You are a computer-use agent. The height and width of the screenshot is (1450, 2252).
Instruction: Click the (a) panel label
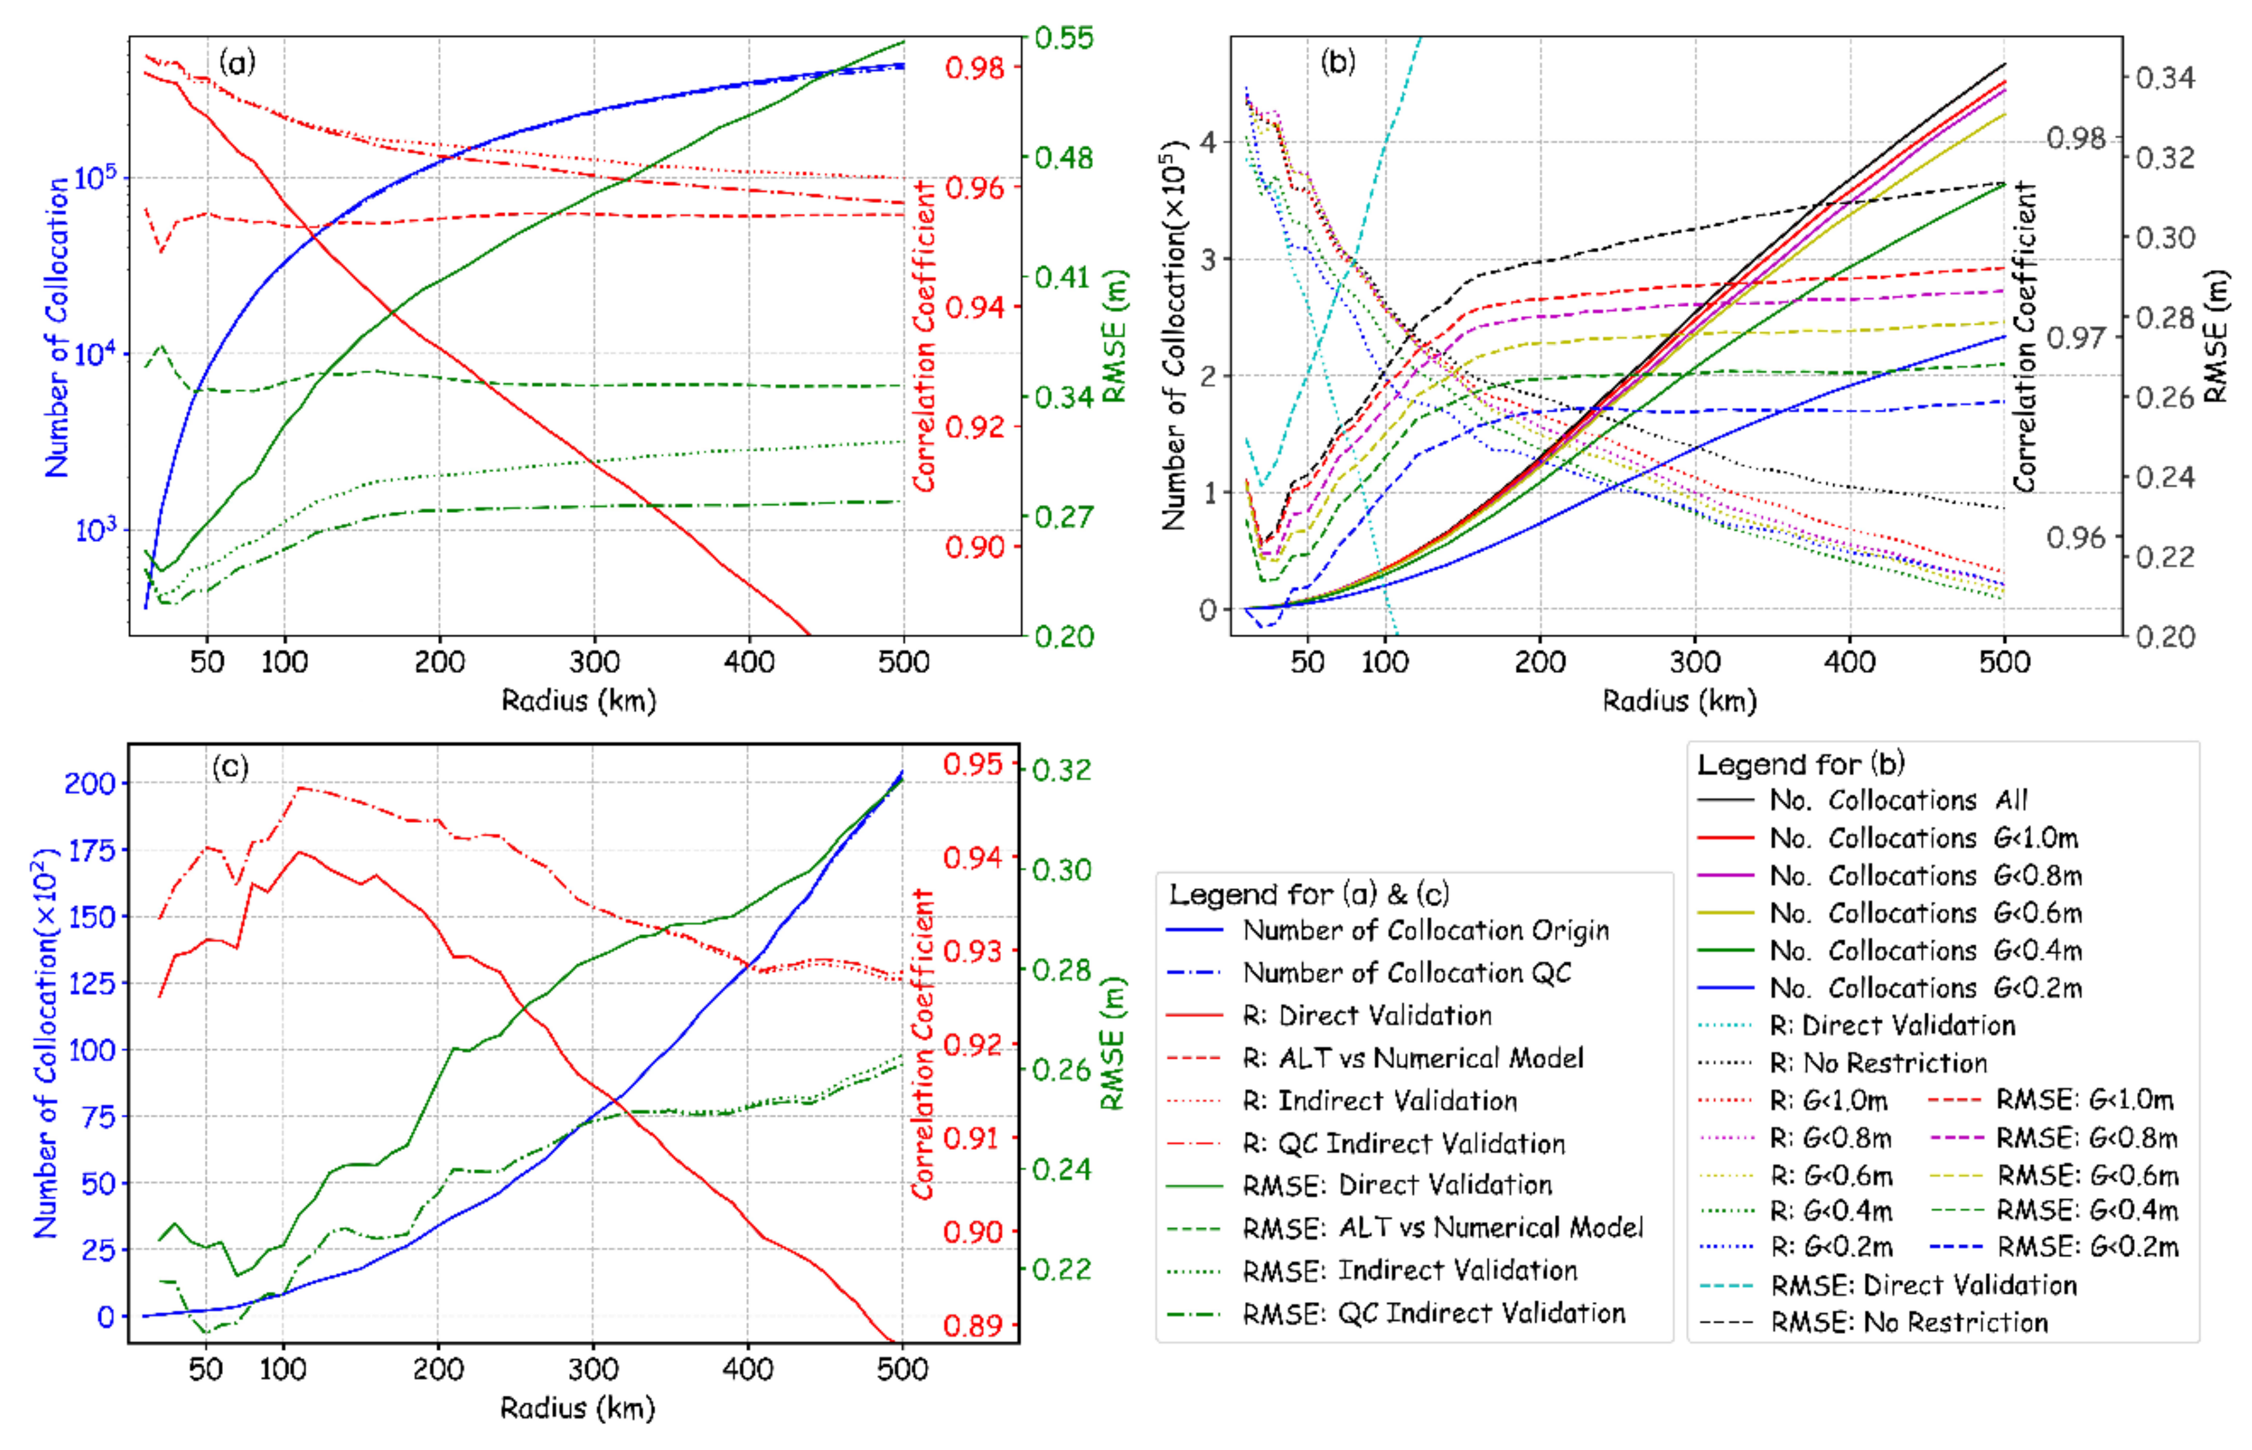coord(236,63)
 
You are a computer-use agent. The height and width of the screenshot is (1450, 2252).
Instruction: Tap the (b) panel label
coord(1338,62)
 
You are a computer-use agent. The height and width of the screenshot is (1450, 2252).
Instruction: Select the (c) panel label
coord(230,767)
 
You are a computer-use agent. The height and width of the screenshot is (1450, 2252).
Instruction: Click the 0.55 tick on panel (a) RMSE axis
coord(1064,39)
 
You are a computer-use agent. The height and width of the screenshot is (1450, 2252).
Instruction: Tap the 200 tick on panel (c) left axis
coord(89,784)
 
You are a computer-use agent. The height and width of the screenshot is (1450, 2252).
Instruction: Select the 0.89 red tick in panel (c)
coord(973,1326)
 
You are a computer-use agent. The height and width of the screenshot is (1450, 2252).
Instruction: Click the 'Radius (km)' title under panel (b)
coord(1679,700)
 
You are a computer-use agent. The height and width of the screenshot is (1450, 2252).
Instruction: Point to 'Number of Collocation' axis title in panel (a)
coord(57,327)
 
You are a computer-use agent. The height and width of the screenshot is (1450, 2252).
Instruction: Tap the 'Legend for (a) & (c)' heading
coord(1308,894)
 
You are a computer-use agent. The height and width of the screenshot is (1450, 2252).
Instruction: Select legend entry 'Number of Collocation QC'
coord(1406,973)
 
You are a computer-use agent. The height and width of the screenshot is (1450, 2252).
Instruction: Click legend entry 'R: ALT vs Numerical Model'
coord(1412,1058)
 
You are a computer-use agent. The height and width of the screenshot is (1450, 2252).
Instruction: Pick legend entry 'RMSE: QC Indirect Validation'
coord(1433,1313)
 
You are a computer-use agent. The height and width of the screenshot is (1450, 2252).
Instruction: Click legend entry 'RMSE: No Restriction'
coord(1908,1323)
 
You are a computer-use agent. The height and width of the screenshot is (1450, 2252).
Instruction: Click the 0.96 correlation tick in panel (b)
coord(2075,538)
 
